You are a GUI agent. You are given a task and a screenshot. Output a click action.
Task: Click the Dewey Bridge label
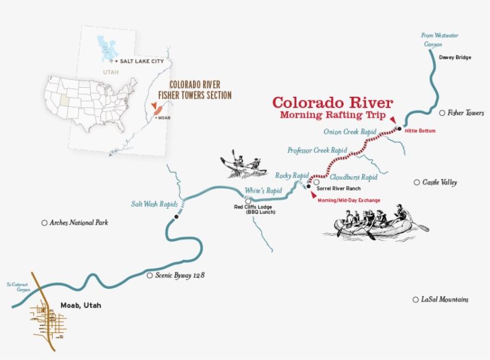[x=455, y=57]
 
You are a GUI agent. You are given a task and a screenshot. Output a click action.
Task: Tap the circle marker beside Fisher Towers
[x=442, y=113]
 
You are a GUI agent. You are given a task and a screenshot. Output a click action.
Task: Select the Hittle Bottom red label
[x=420, y=131]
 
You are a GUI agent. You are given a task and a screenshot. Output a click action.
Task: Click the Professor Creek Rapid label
[x=317, y=150]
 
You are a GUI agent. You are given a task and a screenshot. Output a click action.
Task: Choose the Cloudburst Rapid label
[x=353, y=177]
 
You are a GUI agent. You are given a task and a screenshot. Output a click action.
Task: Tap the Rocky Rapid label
[x=292, y=176]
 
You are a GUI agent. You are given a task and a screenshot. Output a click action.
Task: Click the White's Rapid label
[x=263, y=190]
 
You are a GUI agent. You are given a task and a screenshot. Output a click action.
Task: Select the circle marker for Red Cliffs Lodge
[x=248, y=201]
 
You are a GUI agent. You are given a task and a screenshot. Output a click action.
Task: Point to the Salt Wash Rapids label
[x=155, y=204]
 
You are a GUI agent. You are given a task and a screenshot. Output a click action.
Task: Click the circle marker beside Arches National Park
[x=44, y=223]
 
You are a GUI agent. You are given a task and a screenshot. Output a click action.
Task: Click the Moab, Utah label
[x=81, y=306]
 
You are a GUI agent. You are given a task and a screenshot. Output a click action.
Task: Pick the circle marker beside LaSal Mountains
[x=415, y=300]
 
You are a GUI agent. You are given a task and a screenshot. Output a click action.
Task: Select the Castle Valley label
[x=439, y=182]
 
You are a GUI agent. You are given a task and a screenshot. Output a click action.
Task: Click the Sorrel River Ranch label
[x=339, y=188]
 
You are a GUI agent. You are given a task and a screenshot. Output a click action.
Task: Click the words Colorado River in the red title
[x=333, y=102]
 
